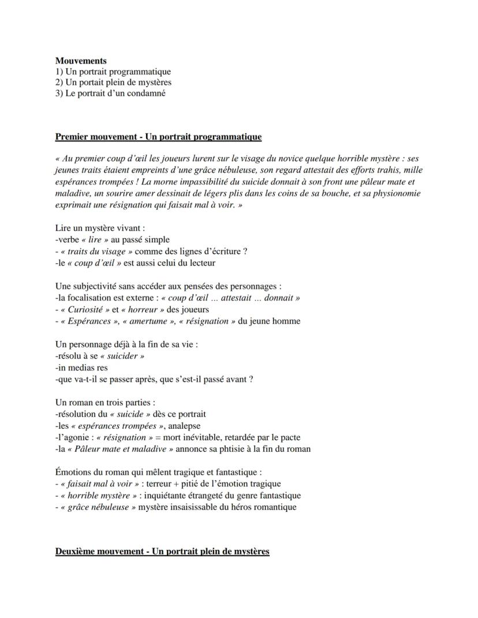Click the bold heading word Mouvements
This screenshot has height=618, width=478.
coord(81,61)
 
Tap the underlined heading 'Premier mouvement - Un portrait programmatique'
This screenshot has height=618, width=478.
coord(158,137)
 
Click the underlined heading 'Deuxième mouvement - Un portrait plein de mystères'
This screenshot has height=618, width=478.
coord(162,552)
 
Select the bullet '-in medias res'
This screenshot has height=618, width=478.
coord(81,368)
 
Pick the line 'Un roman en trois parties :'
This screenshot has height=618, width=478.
coord(105,403)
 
